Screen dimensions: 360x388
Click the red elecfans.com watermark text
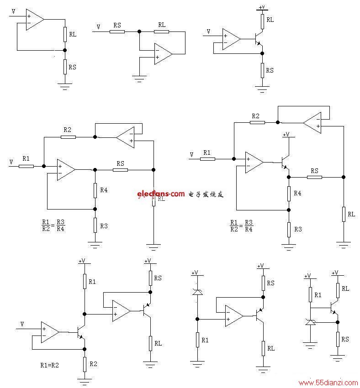(161, 194)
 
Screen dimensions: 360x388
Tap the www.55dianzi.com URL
(328, 383)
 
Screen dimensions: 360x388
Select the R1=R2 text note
(49, 365)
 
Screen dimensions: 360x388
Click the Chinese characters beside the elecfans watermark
(206, 194)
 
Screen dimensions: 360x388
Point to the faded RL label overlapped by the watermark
(161, 199)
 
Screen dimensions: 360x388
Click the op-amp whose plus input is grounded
(163, 54)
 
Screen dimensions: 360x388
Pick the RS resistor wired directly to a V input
(117, 31)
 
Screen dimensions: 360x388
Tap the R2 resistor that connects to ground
(85, 365)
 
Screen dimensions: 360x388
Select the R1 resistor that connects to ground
(197, 340)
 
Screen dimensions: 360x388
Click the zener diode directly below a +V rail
(197, 292)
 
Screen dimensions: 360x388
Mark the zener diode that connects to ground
(310, 322)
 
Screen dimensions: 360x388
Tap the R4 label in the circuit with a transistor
(297, 193)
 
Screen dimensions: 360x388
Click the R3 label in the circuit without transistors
(104, 226)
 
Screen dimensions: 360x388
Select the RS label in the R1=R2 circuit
(158, 278)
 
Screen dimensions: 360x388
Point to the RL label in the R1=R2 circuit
(158, 343)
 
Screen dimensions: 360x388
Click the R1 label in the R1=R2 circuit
(92, 282)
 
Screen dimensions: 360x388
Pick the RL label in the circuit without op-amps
(345, 288)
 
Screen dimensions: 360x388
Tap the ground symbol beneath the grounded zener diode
(310, 345)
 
